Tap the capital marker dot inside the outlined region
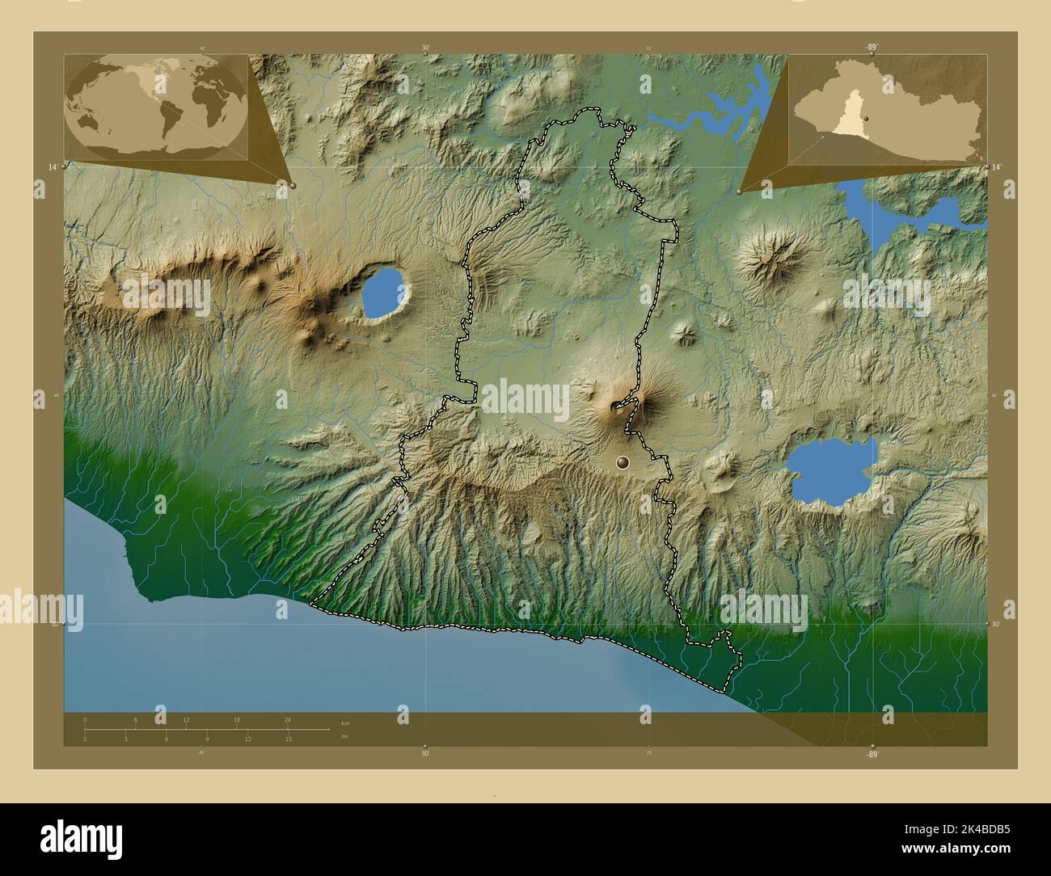click(622, 462)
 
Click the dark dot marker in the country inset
click(866, 118)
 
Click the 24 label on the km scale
click(287, 719)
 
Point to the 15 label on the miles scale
click(288, 739)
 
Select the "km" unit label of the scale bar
click(345, 722)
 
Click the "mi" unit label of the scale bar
click(344, 737)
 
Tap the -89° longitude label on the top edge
click(870, 48)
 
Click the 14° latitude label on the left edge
click(52, 166)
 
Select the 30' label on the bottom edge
click(425, 753)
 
